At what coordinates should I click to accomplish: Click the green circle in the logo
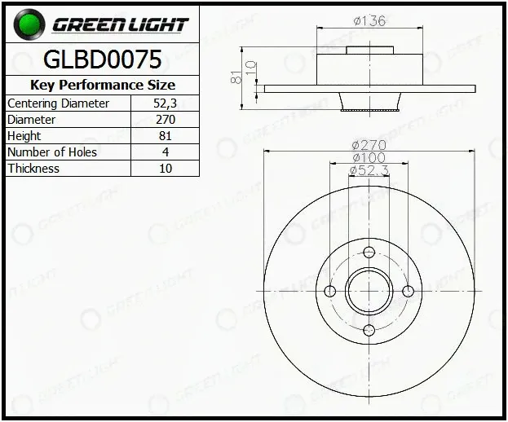pyautogui.click(x=29, y=24)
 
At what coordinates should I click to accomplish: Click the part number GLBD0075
pyautogui.click(x=103, y=59)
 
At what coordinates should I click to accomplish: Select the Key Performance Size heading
pyautogui.click(x=103, y=85)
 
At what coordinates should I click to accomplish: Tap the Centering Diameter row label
pyautogui.click(x=59, y=103)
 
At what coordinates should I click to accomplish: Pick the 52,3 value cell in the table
pyautogui.click(x=166, y=103)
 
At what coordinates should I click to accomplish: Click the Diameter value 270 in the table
pyautogui.click(x=166, y=120)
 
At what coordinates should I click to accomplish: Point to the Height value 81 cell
pyautogui.click(x=166, y=135)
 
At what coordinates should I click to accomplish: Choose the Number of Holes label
pyautogui.click(x=52, y=152)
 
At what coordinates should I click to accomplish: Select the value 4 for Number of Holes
pyautogui.click(x=166, y=152)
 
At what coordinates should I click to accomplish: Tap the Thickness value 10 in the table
pyautogui.click(x=166, y=169)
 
